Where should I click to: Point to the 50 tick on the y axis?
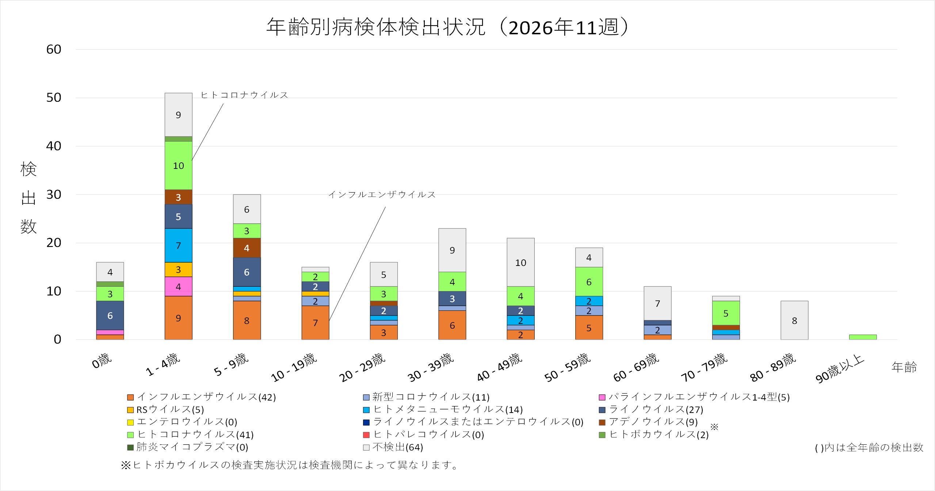click(54, 98)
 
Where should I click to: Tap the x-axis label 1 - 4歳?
click(163, 364)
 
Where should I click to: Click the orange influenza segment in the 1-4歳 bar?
click(178, 318)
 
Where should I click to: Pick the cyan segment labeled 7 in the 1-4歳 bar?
click(178, 245)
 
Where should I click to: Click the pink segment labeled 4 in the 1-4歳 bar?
click(178, 287)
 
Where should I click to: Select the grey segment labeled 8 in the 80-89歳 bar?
click(794, 320)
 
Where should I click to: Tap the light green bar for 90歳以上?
click(863, 337)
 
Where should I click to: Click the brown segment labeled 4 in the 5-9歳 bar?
click(247, 248)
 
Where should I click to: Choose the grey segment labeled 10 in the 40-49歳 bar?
click(520, 262)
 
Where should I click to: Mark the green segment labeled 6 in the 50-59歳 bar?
click(589, 282)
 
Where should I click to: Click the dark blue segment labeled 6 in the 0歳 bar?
click(110, 316)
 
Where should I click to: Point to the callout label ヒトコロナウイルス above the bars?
click(244, 95)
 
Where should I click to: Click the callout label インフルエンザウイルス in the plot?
click(382, 195)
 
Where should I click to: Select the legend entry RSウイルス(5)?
click(170, 410)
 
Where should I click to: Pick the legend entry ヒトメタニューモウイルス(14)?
click(447, 410)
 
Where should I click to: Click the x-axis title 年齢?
click(904, 367)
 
